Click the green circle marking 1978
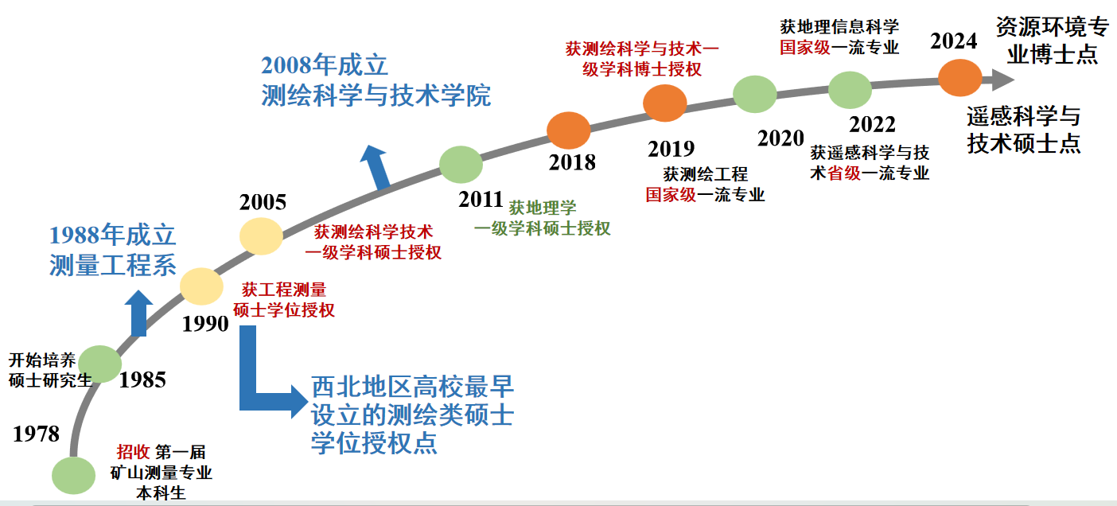(73, 476)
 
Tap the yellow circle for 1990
(201, 286)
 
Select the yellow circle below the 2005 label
(261, 236)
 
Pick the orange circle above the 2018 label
(569, 130)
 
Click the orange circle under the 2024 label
(960, 78)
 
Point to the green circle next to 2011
(461, 165)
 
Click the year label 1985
(142, 379)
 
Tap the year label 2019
(671, 149)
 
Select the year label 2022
(872, 125)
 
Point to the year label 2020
(781, 138)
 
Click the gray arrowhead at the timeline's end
(1002, 80)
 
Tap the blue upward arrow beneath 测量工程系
(138, 313)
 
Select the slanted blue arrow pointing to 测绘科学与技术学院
(376, 168)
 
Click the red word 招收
(133, 452)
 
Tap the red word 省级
(844, 173)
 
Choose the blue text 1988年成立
(112, 235)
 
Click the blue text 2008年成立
(324, 65)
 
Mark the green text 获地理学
(543, 208)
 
